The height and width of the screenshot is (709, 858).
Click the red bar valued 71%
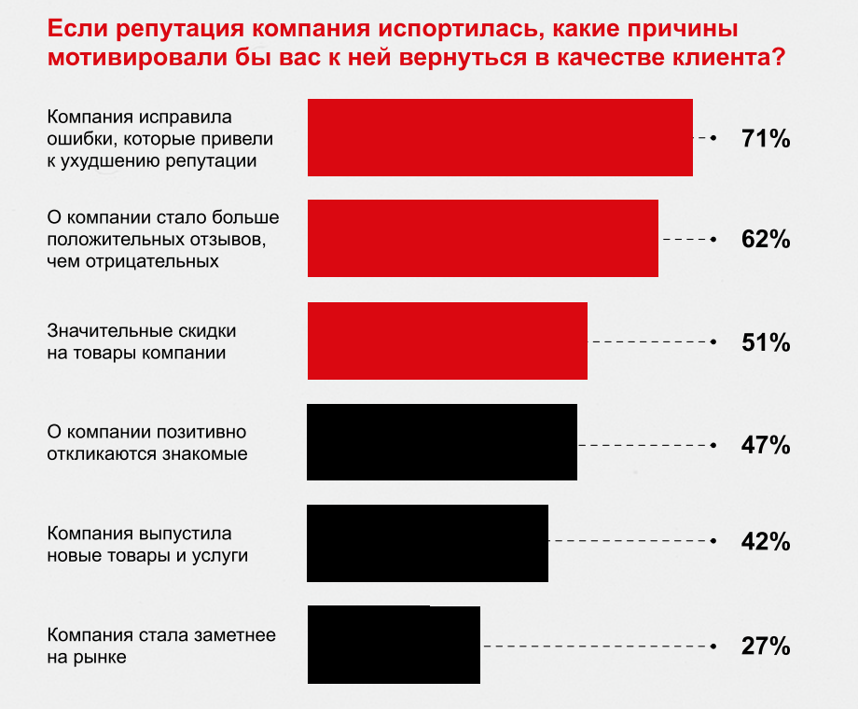point(500,137)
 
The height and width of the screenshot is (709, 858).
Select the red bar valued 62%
point(483,238)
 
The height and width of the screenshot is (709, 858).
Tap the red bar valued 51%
point(448,341)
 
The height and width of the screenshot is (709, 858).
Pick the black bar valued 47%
point(442,442)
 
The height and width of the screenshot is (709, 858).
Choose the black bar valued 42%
point(428,543)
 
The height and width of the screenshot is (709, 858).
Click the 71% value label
point(766,139)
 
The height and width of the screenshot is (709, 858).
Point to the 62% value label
point(766,240)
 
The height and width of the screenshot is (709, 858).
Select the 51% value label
point(766,342)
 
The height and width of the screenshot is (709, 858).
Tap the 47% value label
point(766,444)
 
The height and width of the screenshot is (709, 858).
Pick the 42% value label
point(766,542)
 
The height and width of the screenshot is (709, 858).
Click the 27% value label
point(766,646)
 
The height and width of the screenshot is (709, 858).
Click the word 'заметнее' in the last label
point(235,635)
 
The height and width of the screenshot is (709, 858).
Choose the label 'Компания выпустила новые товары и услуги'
point(147,544)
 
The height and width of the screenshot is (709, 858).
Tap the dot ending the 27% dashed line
point(713,646)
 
